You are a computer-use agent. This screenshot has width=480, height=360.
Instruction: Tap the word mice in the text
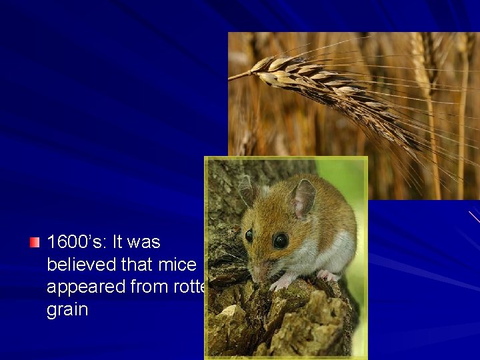(177, 265)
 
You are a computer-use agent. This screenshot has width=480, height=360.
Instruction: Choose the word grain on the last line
(67, 310)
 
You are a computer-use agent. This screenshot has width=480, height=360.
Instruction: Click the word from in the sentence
(152, 287)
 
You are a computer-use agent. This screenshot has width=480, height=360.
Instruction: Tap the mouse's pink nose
(257, 273)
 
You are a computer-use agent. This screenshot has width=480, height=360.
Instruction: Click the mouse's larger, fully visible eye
(281, 240)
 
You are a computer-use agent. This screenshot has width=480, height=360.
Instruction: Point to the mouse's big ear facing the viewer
(303, 198)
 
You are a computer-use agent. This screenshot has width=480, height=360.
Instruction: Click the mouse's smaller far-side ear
(248, 190)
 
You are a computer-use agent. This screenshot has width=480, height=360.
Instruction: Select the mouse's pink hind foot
(327, 275)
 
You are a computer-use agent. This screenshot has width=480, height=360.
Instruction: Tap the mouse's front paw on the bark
(280, 283)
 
